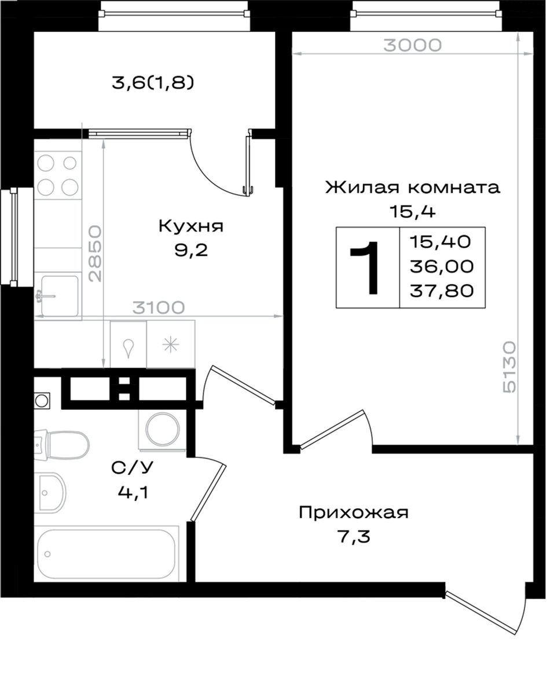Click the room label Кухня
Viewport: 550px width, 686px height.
191,226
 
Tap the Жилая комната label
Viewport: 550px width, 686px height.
412,188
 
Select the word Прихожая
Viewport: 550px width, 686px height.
354,512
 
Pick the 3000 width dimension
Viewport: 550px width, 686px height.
413,45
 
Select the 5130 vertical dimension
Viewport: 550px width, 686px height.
509,368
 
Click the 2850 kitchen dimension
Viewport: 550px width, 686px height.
95,254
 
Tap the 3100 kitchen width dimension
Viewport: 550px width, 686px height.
159,307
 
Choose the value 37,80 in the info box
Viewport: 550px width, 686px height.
442,290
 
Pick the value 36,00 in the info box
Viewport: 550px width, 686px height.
442,266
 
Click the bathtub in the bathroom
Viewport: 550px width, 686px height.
107,554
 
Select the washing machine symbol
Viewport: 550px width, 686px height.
163,430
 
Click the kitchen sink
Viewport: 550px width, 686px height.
58,295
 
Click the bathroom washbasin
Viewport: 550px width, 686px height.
50,491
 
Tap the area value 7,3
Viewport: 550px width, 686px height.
354,537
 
